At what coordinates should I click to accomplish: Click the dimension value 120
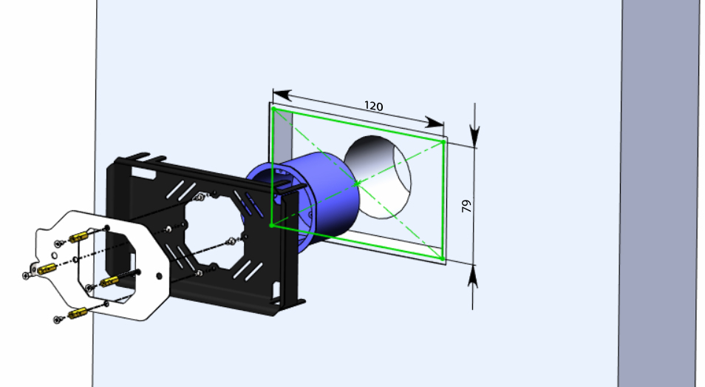pos(374,106)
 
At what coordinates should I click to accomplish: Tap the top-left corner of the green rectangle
pos(274,110)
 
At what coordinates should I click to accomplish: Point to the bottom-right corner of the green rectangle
pos(443,258)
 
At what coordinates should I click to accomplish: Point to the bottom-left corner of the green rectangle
pos(272,224)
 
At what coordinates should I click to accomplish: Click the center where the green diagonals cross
pos(357,183)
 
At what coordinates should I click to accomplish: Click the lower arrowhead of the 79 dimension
pos(474,275)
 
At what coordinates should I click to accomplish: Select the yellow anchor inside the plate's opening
pos(109,280)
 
